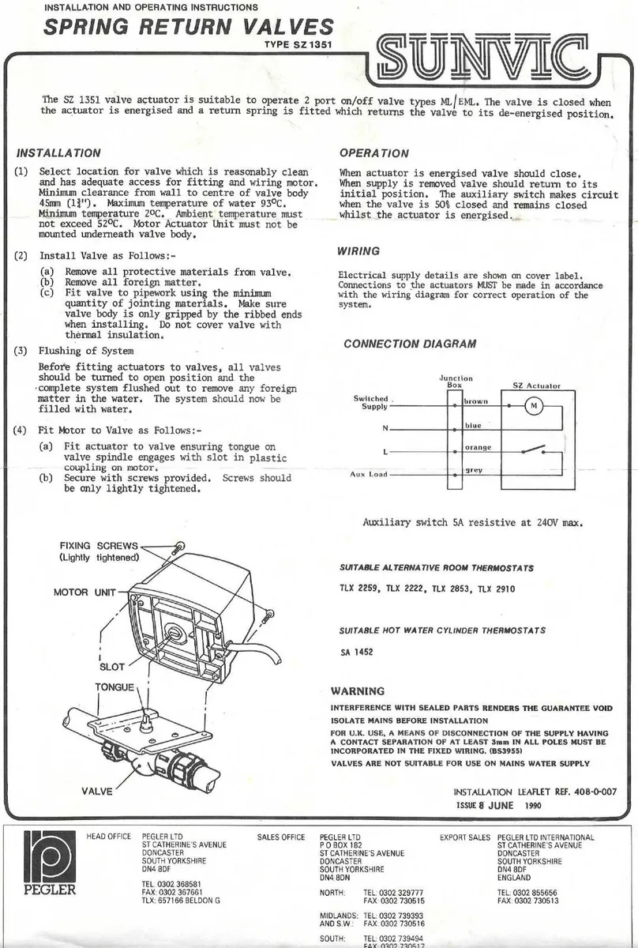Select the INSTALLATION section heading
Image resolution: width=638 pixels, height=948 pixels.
[x=58, y=153]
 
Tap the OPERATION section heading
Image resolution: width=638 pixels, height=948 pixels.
[x=373, y=153]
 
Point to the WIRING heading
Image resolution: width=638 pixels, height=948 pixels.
[x=358, y=251]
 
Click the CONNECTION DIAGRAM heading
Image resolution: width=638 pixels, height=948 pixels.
[x=410, y=344]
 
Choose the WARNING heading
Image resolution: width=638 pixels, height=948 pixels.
[x=358, y=690]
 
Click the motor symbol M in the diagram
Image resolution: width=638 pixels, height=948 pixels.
[x=533, y=406]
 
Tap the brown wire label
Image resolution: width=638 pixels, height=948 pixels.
[x=476, y=401]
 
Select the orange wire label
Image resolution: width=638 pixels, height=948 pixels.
[x=478, y=448]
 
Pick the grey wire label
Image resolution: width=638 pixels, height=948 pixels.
[x=474, y=470]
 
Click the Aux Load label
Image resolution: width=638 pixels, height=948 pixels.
[x=369, y=475]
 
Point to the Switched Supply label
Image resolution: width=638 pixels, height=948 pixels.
[x=371, y=402]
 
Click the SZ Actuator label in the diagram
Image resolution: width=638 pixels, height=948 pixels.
[x=536, y=386]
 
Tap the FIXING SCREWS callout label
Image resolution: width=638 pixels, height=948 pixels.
[x=99, y=546]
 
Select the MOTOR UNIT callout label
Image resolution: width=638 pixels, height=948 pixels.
[x=84, y=592]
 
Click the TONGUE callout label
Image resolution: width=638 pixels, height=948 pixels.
[x=114, y=687]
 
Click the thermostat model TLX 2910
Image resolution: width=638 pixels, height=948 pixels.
[x=496, y=589]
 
